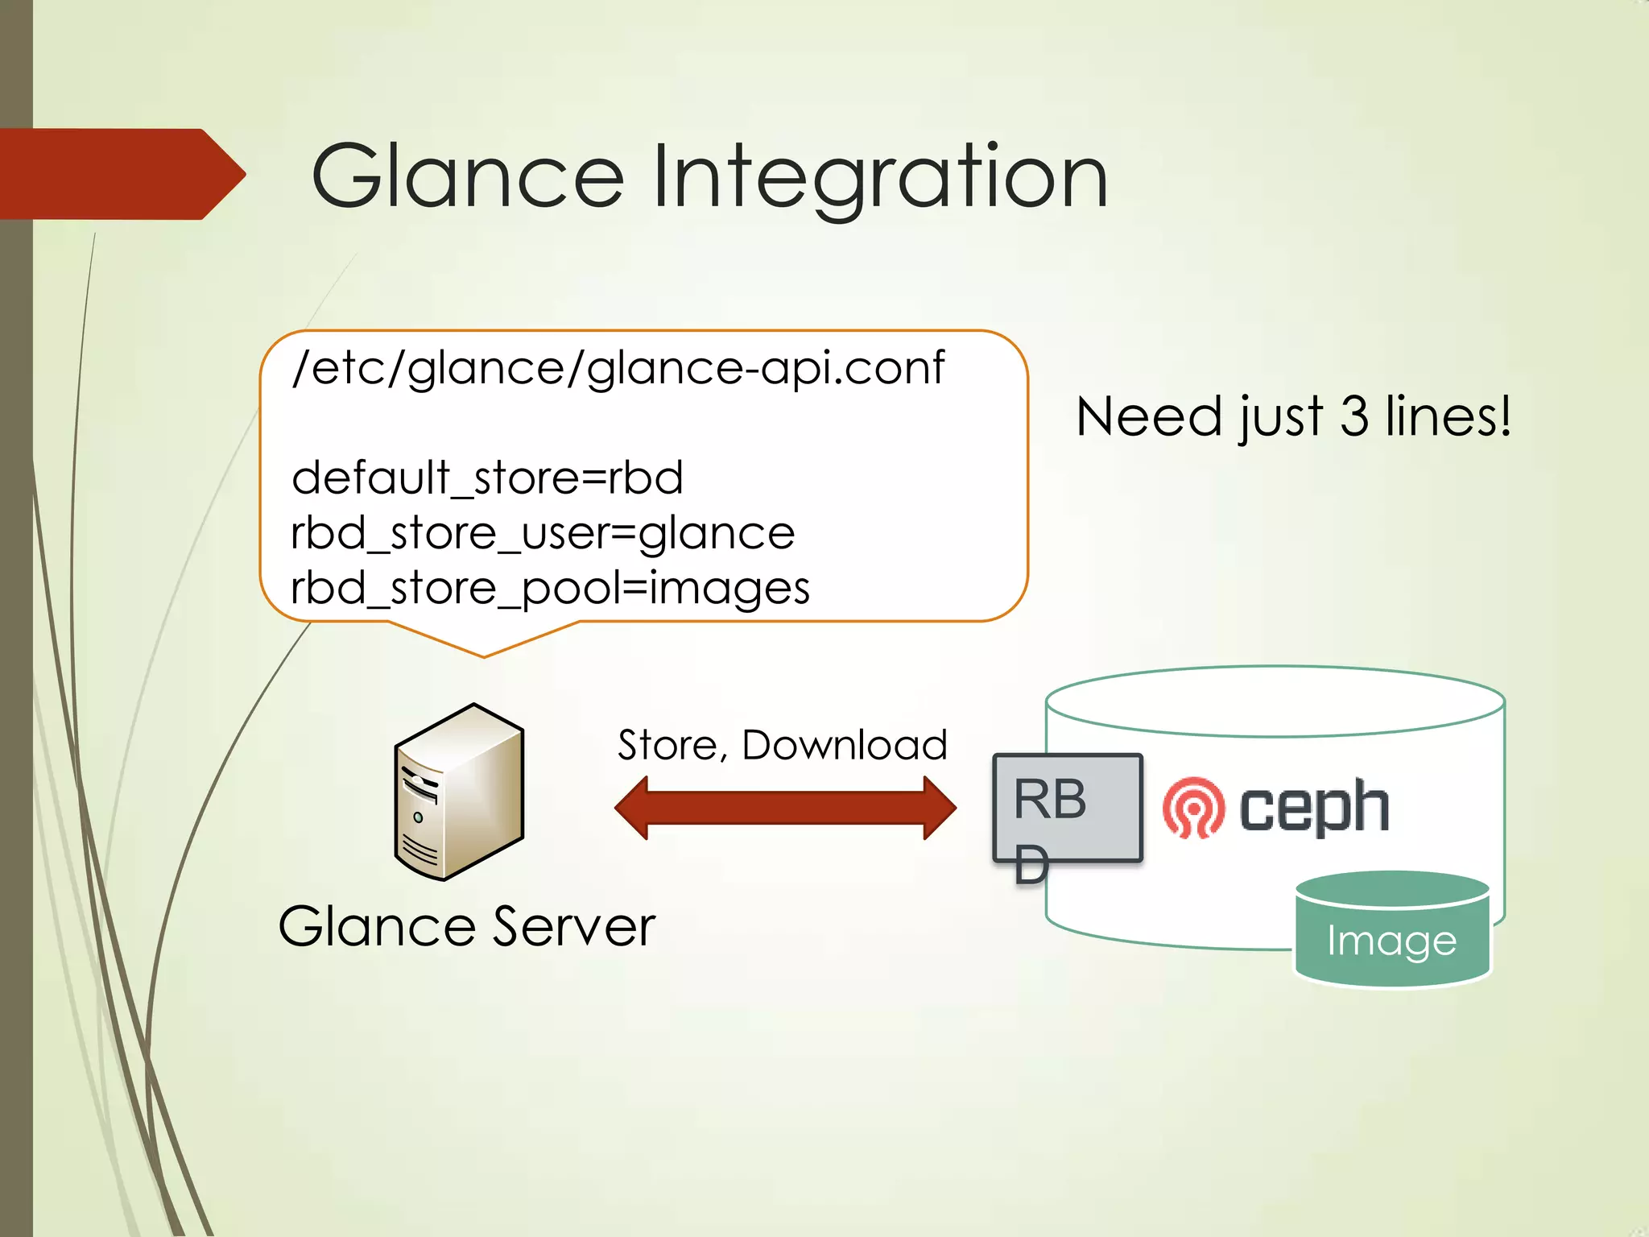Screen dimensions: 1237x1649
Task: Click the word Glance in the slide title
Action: (x=467, y=176)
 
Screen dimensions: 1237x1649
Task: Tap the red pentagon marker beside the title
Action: (x=121, y=174)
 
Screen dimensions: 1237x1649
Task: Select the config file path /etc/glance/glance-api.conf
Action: (x=618, y=369)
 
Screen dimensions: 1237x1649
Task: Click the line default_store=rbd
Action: (x=487, y=478)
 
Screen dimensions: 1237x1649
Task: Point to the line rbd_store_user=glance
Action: (x=542, y=533)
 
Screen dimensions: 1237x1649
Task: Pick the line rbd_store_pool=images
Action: (x=549, y=588)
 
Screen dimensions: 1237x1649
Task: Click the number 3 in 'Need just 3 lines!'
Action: (x=1354, y=416)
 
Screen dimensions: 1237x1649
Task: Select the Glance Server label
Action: (x=466, y=926)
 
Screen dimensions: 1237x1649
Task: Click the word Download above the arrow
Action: (x=844, y=745)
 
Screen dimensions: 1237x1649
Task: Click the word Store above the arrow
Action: (x=667, y=745)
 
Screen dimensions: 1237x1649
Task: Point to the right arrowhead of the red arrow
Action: (x=939, y=808)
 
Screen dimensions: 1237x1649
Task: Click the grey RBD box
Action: (x=1067, y=808)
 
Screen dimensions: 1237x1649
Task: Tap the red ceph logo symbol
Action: (x=1192, y=808)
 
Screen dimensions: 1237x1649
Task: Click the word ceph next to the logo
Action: (x=1314, y=808)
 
